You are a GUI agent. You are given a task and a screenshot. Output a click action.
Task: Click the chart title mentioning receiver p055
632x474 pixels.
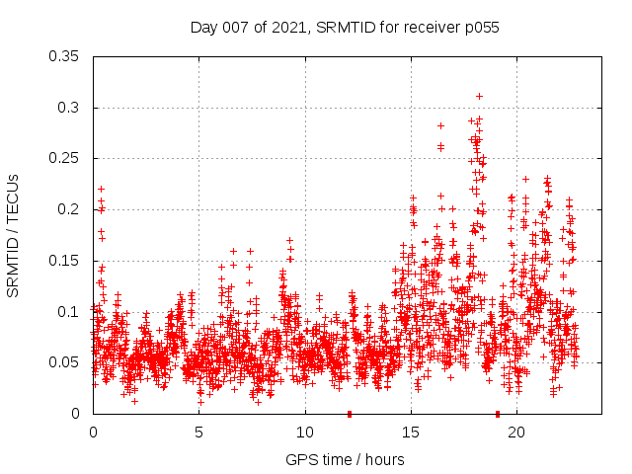point(345,28)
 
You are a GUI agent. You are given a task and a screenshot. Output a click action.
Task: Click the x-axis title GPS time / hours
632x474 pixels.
point(345,459)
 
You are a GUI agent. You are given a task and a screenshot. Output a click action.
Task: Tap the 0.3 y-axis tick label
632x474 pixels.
point(69,107)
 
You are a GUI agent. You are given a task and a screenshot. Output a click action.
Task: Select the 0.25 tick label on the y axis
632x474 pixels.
point(65,158)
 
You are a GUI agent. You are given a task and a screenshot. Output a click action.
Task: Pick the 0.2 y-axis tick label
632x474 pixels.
point(69,209)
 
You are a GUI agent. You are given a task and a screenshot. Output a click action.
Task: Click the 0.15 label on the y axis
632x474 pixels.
point(65,261)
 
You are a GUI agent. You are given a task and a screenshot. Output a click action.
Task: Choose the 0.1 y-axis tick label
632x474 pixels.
point(69,312)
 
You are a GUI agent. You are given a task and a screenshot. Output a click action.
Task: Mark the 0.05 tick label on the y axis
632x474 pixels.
point(65,362)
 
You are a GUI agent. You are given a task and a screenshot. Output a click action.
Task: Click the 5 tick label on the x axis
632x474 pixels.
point(198,433)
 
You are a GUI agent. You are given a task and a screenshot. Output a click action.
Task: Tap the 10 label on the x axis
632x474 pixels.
point(305,433)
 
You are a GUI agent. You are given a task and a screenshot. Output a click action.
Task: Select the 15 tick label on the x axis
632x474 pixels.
point(411,433)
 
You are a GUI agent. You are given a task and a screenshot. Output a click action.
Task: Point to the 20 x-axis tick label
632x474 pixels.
point(516,433)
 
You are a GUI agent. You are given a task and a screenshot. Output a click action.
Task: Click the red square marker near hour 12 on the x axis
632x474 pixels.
point(349,414)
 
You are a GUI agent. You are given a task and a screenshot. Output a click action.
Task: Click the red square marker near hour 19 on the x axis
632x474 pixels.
point(497,414)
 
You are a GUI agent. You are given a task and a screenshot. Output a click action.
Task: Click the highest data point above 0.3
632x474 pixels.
point(479,96)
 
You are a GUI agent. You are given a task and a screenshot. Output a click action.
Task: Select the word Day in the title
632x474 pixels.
point(204,28)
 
